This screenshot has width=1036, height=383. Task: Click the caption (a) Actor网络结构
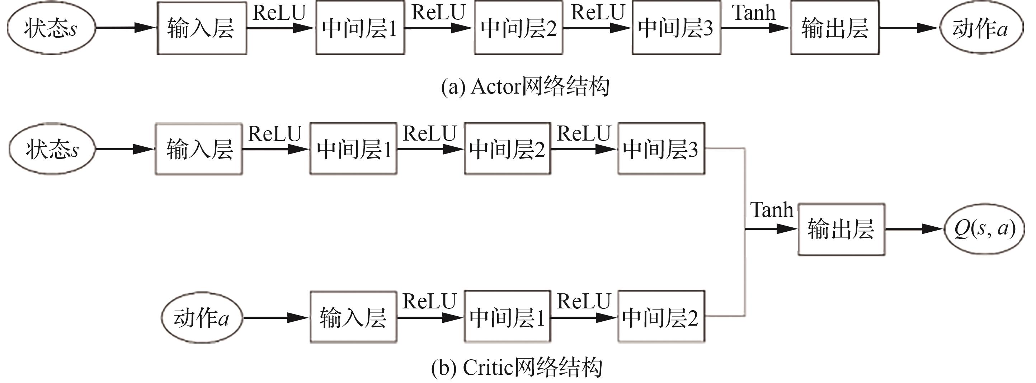tap(525, 86)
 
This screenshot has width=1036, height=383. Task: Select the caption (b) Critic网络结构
tap(517, 367)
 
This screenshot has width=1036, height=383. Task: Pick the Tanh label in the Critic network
tap(772, 210)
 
